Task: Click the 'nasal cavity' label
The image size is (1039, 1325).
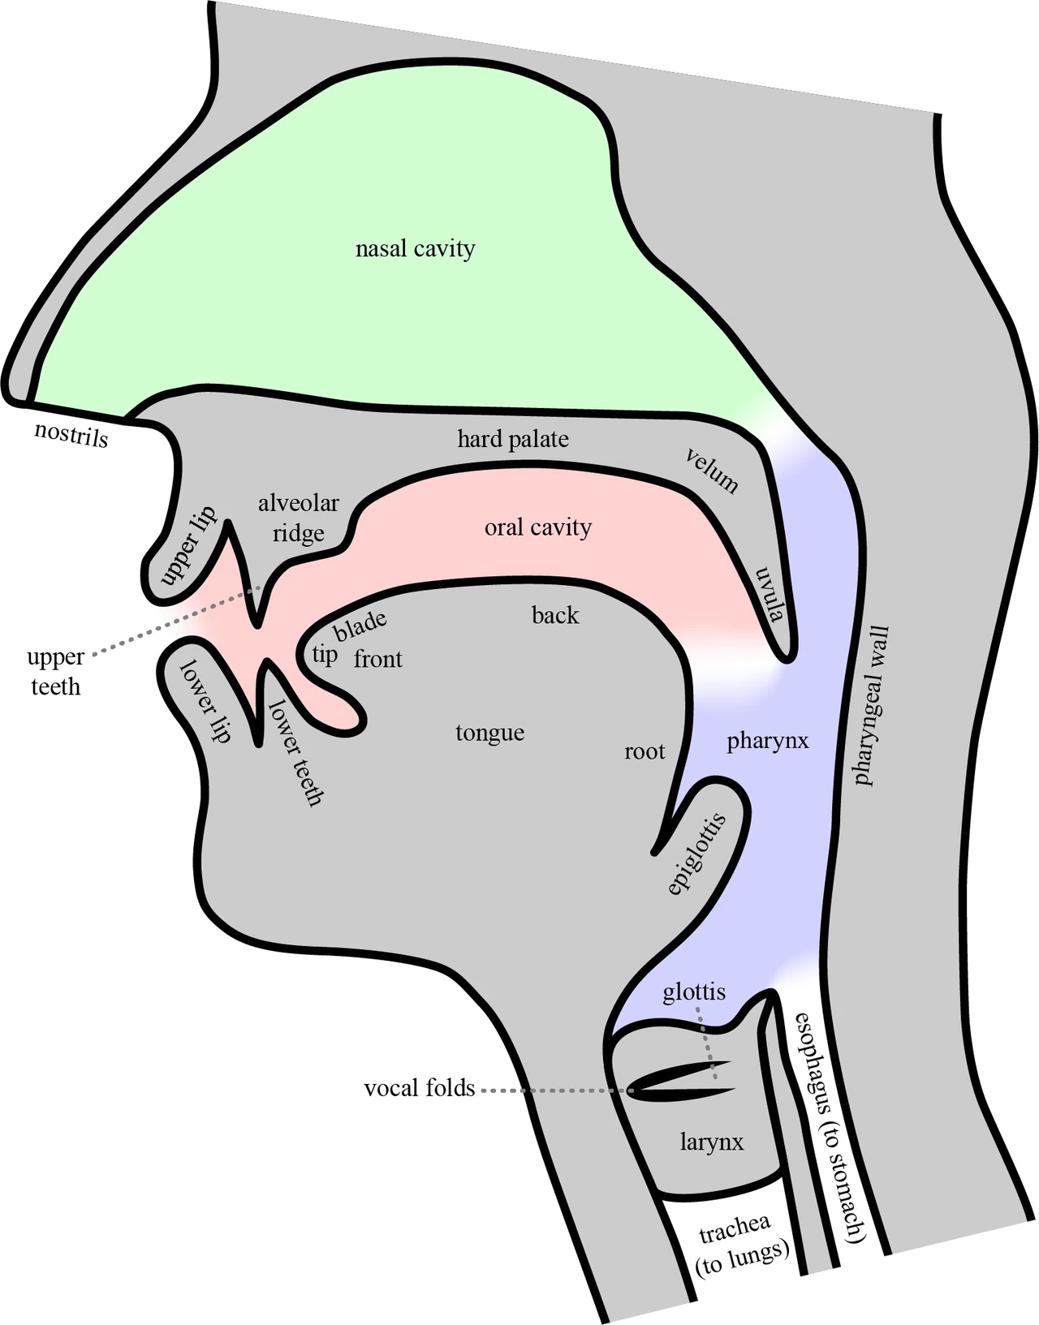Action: tap(416, 249)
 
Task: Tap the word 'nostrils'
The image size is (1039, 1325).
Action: tap(71, 434)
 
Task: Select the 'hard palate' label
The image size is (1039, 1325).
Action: tap(513, 439)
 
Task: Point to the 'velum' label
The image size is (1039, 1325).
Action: tap(712, 471)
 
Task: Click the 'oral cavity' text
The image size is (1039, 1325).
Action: tap(538, 527)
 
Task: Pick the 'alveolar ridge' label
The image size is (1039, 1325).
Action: tap(298, 518)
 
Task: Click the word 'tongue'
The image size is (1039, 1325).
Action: tap(489, 733)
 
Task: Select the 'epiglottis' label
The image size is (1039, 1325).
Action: tap(697, 854)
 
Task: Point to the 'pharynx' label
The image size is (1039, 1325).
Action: tap(768, 742)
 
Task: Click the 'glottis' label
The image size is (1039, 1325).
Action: tap(694, 992)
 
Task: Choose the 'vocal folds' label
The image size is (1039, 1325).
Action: tap(420, 1088)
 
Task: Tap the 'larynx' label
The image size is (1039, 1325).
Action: tap(712, 1142)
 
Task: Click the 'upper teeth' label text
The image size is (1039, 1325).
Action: tap(55, 672)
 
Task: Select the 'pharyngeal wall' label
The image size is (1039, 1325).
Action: tap(871, 705)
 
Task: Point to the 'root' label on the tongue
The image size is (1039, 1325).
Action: tap(645, 752)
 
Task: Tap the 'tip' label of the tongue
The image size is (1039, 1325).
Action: tap(325, 656)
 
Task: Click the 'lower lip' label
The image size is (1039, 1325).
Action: tap(205, 702)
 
